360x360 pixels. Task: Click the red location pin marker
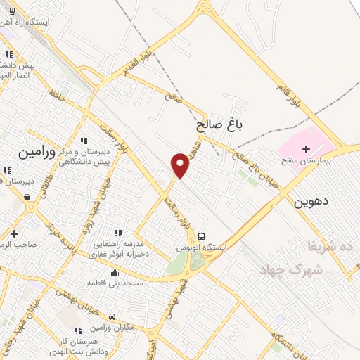point(181,166)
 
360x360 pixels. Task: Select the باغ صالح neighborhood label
point(219,126)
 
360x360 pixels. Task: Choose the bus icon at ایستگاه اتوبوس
point(202,236)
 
